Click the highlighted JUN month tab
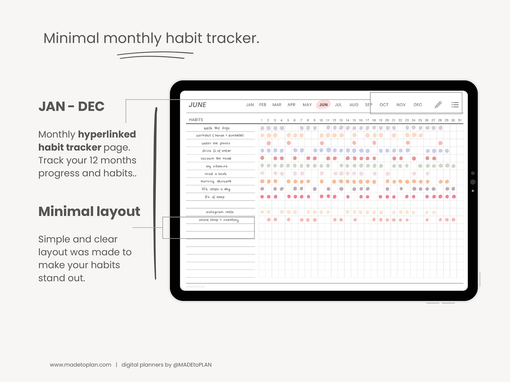323,105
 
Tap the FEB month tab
262,105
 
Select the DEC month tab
418,105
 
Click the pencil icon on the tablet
438,105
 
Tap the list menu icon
455,105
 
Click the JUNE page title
198,105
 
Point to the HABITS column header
196,120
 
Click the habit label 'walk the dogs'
217,128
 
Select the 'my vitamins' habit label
217,166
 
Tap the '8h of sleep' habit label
215,197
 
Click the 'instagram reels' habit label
220,212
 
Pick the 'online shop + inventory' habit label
219,220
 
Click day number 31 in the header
460,120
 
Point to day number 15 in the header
354,120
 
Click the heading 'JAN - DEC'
71,106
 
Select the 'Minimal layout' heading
89,211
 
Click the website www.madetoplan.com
81,365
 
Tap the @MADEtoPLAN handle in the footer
192,365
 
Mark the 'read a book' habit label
215,174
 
